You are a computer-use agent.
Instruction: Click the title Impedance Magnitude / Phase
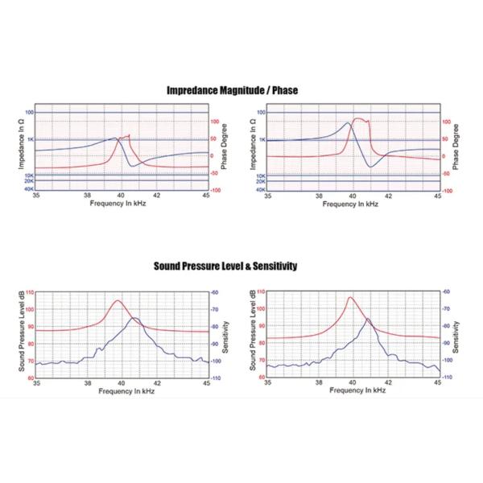click(x=232, y=90)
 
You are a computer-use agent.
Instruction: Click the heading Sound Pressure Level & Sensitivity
click(x=232, y=265)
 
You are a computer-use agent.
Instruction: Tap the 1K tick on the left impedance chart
click(x=29, y=139)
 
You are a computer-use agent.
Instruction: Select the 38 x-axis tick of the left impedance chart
click(x=87, y=196)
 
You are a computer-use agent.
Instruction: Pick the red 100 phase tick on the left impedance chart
click(x=215, y=121)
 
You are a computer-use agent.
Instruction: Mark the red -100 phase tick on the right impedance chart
click(x=447, y=191)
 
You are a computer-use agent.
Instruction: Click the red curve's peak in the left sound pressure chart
click(x=118, y=300)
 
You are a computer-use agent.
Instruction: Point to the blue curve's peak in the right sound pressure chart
click(x=368, y=319)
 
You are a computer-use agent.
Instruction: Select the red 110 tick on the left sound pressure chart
click(x=30, y=291)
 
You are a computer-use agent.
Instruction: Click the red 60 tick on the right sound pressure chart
click(x=262, y=377)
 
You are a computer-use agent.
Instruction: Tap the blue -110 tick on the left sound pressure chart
click(x=216, y=377)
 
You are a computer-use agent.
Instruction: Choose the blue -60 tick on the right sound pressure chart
click(x=448, y=291)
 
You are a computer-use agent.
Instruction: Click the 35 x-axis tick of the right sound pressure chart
click(x=269, y=382)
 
